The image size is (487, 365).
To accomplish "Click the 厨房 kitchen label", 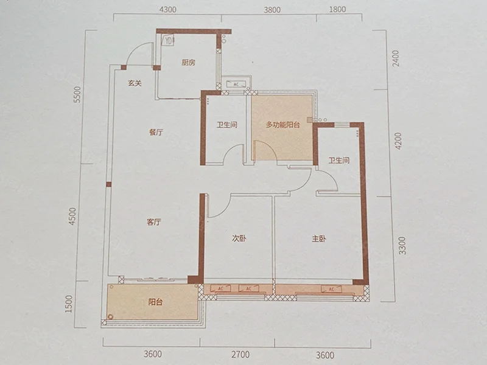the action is point(189,63).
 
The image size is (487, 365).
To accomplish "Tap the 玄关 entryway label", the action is point(135,83).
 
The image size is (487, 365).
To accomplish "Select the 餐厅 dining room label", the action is point(156,133).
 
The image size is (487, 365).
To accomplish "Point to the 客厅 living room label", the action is point(154,222).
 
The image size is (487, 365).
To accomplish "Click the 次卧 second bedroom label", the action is point(239,238).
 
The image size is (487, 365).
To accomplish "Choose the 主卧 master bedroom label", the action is point(319,238).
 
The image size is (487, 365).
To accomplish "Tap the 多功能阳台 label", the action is point(282,125).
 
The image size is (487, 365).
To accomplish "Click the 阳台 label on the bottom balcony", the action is point(155,302).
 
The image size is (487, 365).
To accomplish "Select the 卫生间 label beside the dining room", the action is point(227,125).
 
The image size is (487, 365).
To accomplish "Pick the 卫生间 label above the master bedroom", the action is point(339,161).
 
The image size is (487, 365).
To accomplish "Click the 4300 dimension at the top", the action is point(168,10).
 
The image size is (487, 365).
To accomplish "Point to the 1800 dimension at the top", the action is point(337,9).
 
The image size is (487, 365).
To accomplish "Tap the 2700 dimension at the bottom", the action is point(240,355).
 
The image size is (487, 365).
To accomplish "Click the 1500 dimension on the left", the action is point(69,304).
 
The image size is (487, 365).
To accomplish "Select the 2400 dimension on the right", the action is point(396,59).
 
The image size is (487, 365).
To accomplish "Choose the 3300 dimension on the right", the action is point(402,246).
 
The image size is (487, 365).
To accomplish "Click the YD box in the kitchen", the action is point(168,40).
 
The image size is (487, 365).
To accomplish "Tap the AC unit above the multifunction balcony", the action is point(236,84).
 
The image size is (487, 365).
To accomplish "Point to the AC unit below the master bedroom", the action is point(331,289).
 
